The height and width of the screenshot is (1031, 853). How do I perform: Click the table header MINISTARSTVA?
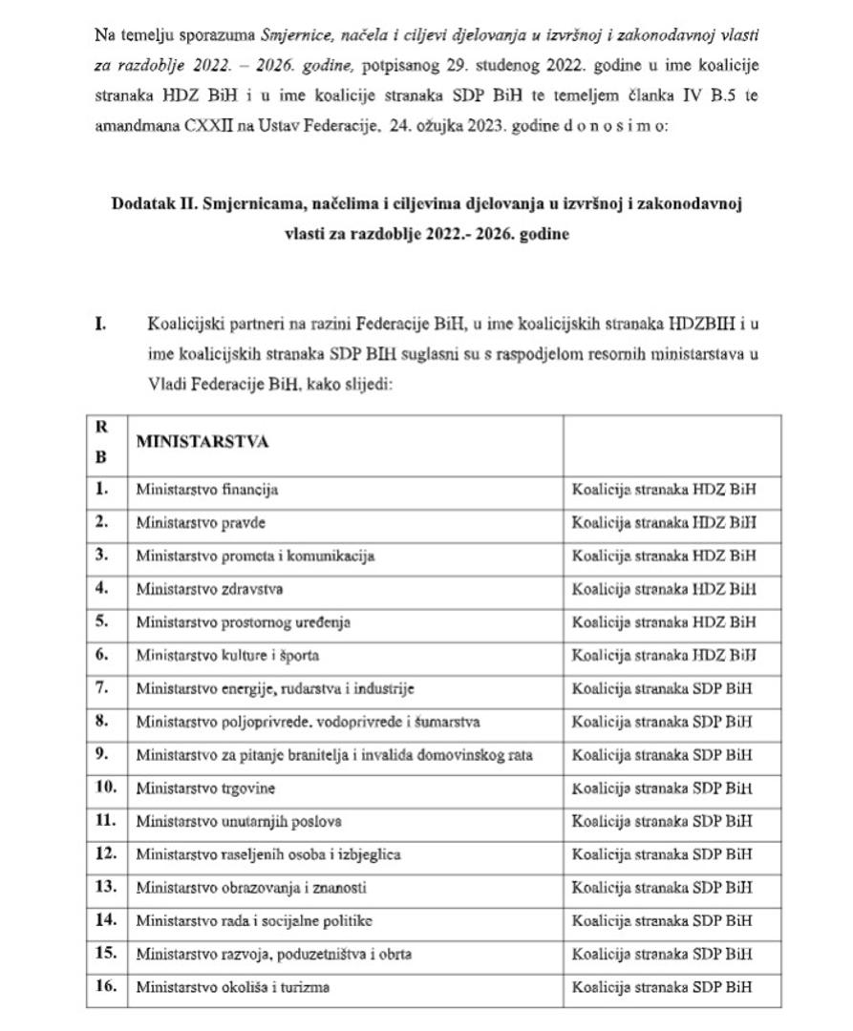click(x=203, y=442)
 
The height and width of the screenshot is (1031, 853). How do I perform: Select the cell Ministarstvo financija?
click(x=206, y=490)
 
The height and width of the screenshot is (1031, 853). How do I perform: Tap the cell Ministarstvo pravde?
click(x=201, y=523)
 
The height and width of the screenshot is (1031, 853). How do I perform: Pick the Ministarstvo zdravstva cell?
click(x=209, y=589)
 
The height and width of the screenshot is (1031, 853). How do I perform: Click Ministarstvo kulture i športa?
click(x=227, y=656)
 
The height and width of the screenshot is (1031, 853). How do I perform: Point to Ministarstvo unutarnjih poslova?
click(x=239, y=821)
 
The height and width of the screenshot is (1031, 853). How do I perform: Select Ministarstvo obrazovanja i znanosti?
click(x=250, y=888)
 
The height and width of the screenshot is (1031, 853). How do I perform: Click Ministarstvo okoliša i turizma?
click(x=232, y=987)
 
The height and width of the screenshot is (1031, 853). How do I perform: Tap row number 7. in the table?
click(x=103, y=688)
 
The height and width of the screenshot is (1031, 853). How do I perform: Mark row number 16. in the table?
click(x=106, y=987)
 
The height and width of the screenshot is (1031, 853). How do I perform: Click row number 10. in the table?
click(x=106, y=789)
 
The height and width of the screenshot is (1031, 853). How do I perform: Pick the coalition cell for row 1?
click(x=664, y=490)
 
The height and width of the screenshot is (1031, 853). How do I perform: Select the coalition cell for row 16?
click(x=662, y=987)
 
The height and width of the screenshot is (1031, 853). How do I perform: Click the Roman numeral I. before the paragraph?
click(x=100, y=324)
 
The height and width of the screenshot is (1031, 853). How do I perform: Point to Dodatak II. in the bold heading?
click(x=154, y=203)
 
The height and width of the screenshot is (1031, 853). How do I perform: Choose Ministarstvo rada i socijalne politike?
click(x=253, y=921)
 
